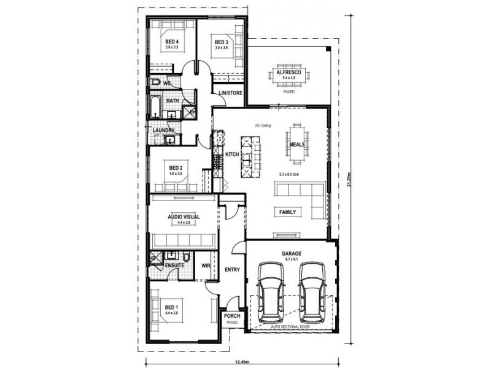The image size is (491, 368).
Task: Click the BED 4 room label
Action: (171, 42)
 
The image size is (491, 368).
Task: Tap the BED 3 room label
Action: (221, 42)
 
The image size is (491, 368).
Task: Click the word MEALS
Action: (298, 145)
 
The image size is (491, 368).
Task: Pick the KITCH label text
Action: (231, 155)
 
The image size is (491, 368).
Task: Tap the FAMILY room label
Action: (287, 212)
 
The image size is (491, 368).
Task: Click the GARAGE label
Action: (291, 252)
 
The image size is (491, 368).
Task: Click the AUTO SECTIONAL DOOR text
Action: (291, 327)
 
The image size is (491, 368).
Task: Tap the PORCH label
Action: (231, 317)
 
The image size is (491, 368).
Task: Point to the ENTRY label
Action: (232, 269)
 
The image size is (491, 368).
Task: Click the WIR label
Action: (206, 266)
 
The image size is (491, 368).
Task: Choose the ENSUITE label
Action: (174, 266)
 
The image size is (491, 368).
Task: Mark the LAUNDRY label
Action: (164, 131)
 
